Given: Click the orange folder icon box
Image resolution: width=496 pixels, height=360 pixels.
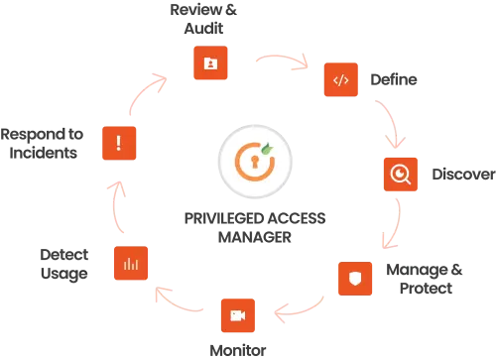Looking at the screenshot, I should coord(210,63).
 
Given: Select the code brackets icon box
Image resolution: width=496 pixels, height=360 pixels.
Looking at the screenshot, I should coord(340,79).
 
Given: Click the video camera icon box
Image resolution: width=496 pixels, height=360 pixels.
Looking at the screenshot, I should coord(238,315).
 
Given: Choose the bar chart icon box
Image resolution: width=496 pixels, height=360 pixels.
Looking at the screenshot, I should coord(130,263).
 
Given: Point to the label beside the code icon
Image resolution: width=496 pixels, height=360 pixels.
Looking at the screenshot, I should coord(393,78).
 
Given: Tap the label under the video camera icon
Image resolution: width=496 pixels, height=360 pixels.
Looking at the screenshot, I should coord(237,349).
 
